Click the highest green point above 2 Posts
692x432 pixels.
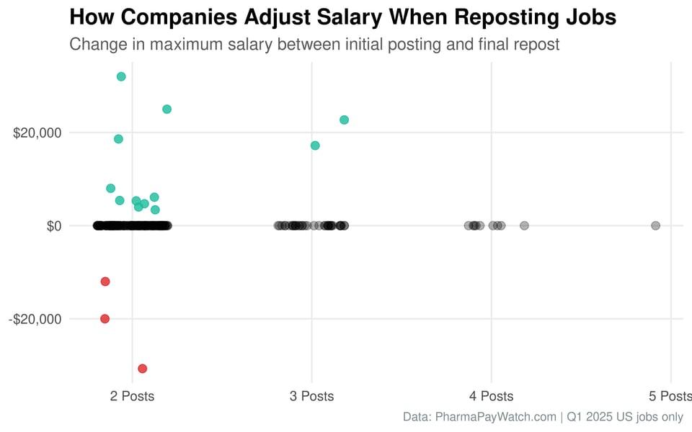121,76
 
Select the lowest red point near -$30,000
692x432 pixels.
143,369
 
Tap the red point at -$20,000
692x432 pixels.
105,318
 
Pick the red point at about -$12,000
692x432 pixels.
105,281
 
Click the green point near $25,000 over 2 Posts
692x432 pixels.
167,109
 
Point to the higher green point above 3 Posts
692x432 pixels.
344,120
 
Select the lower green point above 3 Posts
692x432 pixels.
315,145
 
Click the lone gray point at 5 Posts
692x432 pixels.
655,225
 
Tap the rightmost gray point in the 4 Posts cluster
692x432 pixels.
524,225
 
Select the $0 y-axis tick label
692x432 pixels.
54,226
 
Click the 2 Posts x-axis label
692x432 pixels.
132,396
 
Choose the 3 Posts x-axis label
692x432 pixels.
311,396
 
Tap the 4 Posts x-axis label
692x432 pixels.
491,396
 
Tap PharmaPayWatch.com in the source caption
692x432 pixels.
496,417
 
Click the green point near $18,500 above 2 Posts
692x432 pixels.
118,139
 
